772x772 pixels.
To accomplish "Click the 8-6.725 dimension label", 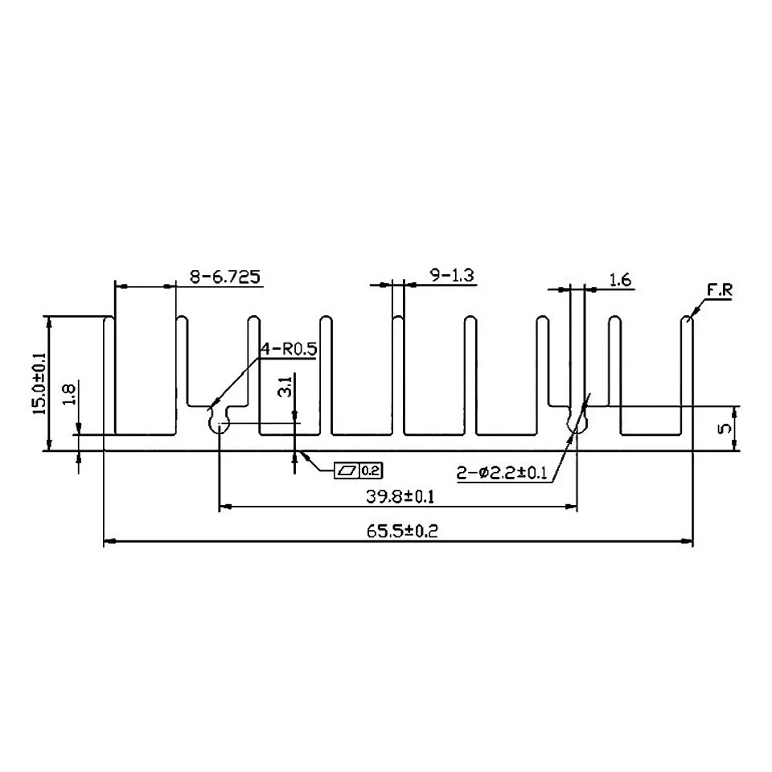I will point(224,277).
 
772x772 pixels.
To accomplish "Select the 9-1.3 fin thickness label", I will point(452,276).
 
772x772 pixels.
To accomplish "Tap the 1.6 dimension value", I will point(620,280).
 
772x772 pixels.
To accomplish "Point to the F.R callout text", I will point(719,289).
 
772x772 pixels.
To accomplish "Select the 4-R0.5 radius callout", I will point(287,350).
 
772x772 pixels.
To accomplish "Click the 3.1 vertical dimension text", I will point(284,390).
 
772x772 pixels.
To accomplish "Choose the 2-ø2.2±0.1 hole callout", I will point(502,474).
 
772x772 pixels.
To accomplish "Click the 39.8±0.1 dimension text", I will point(400,497).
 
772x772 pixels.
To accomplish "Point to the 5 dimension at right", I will point(726,429).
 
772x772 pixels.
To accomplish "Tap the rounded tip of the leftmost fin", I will point(110,321).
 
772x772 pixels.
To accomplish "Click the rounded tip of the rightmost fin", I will point(688,321).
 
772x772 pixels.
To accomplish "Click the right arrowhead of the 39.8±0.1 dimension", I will point(573,507).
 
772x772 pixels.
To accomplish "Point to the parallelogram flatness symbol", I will point(347,470).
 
